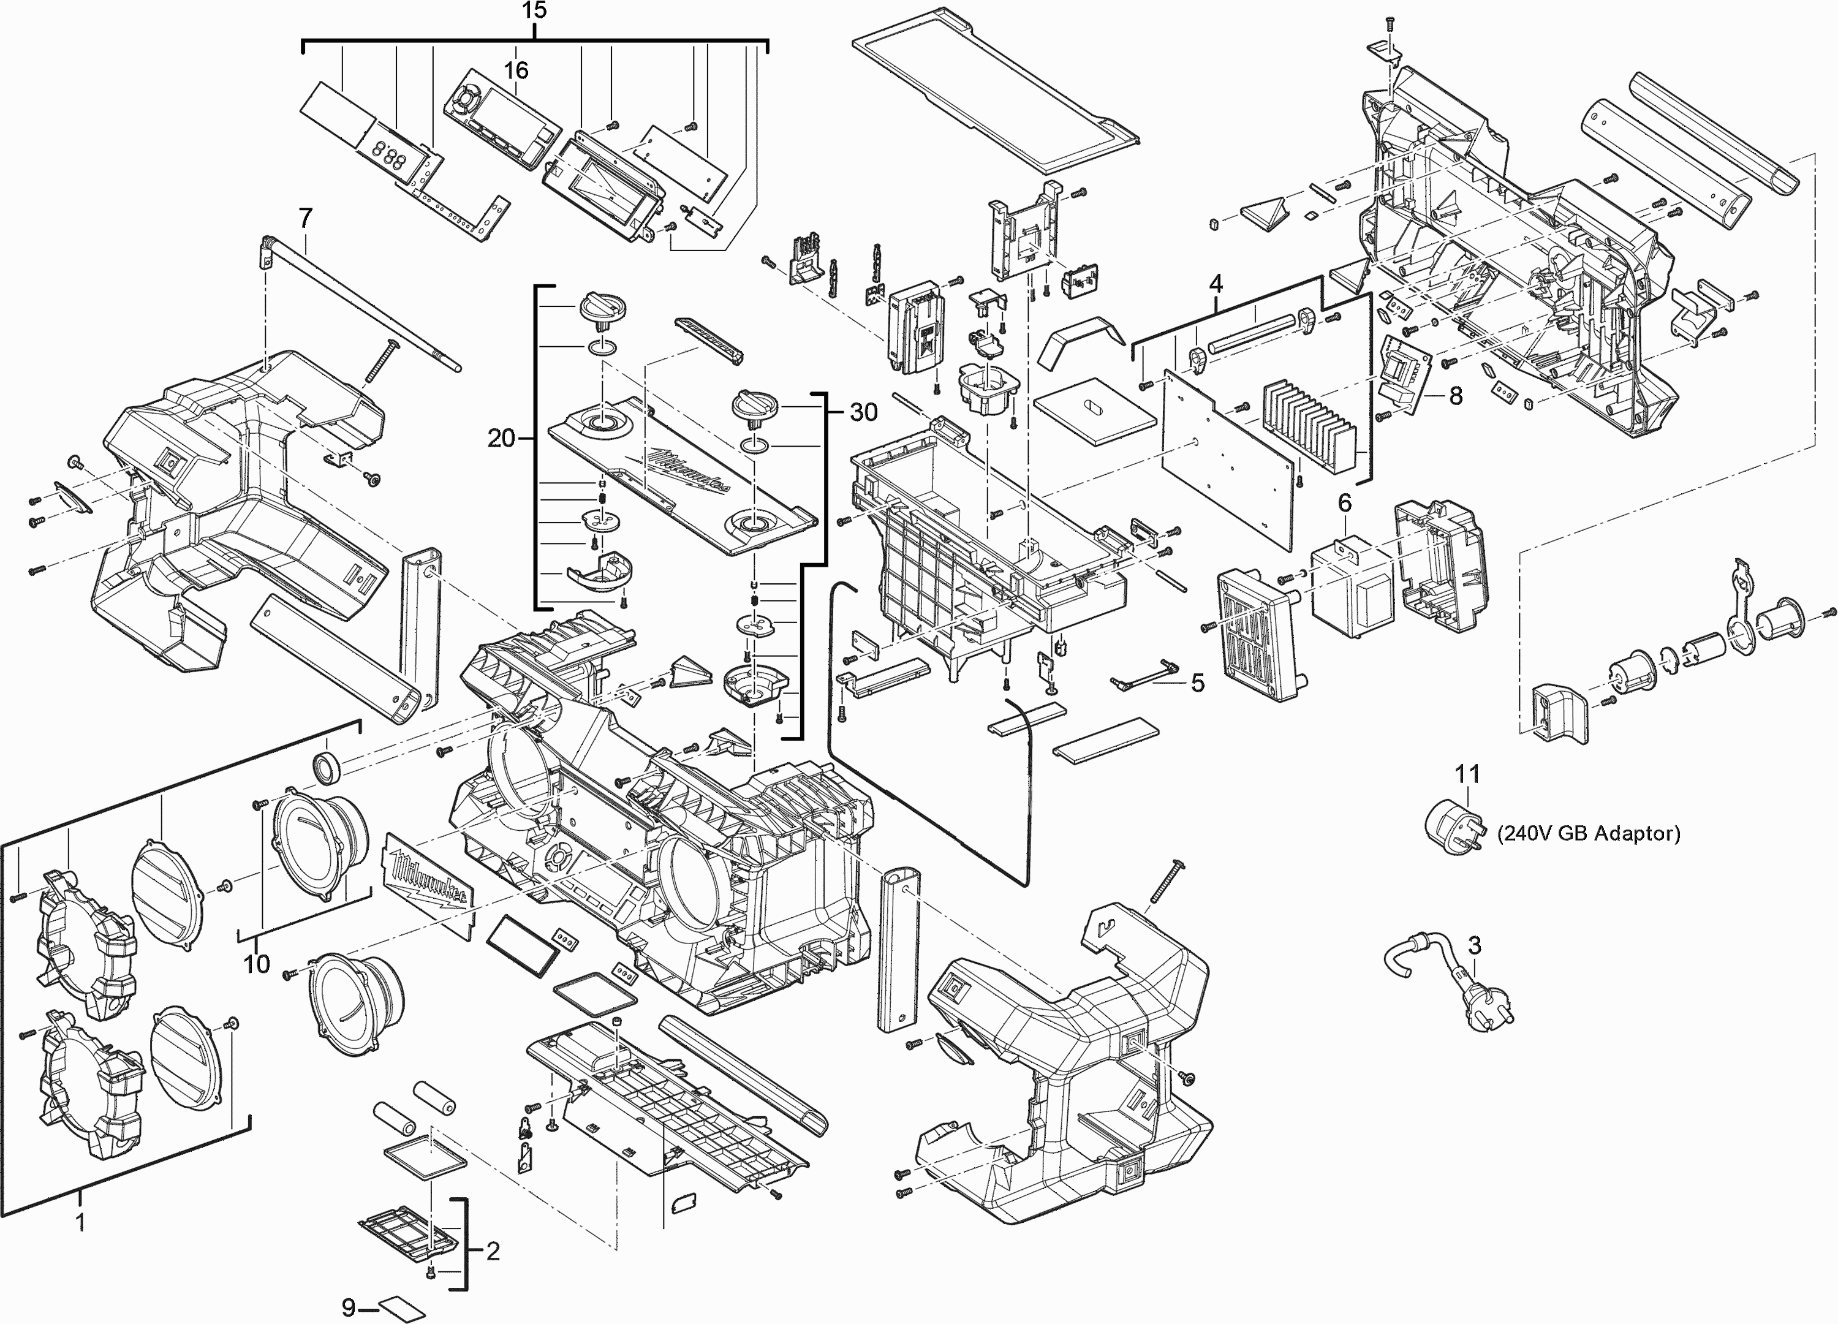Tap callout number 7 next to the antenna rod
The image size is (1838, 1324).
306,218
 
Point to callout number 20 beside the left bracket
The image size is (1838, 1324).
501,438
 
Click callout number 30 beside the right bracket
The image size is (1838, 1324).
863,412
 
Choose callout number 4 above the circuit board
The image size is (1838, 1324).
1216,284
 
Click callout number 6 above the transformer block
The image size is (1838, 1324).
1344,503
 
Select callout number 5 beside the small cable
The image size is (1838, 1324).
1198,683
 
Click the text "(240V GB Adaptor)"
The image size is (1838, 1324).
1589,834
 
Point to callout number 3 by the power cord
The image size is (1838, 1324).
1474,945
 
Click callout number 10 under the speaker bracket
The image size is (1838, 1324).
256,964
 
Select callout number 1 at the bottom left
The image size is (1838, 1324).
80,1221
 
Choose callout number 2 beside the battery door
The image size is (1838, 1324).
493,1252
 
